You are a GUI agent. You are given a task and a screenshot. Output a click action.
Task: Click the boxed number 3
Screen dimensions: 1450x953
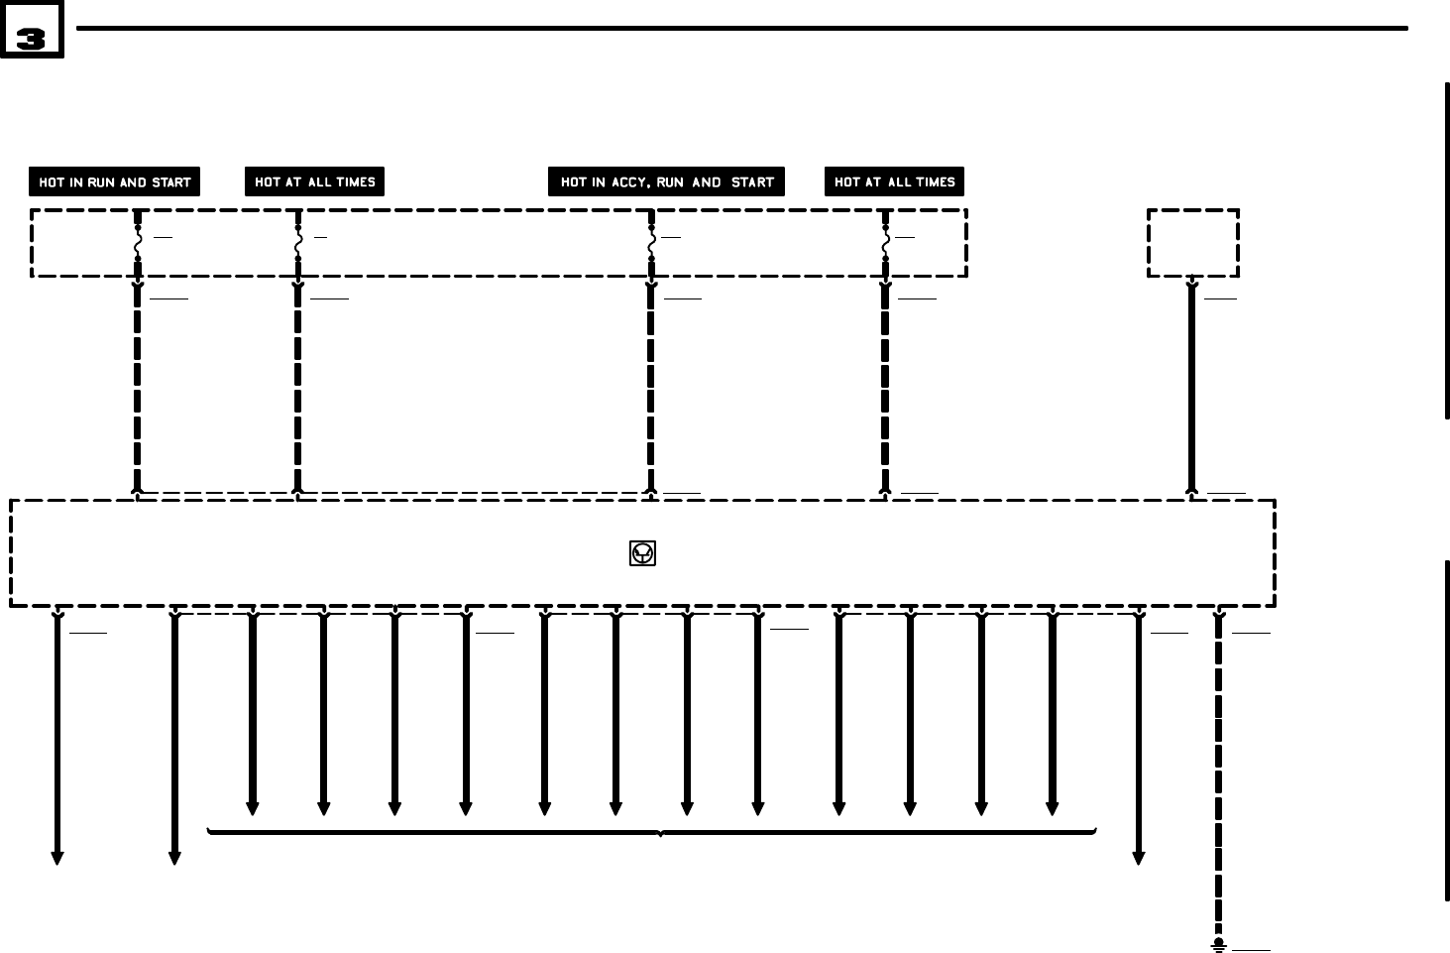point(32,31)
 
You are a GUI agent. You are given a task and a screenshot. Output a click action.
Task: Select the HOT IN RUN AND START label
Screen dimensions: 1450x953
point(114,182)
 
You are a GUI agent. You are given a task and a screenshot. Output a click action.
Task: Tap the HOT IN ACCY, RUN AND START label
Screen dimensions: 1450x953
point(666,182)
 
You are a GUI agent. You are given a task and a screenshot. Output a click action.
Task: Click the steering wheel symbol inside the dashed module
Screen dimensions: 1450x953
point(642,553)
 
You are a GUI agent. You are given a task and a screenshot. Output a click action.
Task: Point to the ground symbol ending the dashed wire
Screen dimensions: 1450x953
point(1219,945)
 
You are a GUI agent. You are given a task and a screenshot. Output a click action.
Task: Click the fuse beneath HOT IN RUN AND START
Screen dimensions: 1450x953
point(138,242)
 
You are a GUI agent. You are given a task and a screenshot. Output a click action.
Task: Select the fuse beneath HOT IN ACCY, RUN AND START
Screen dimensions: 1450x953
point(651,242)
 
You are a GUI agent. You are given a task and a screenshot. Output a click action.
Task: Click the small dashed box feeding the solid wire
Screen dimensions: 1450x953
point(1193,242)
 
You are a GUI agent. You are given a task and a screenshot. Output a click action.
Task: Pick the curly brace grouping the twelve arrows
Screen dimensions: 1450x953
point(652,831)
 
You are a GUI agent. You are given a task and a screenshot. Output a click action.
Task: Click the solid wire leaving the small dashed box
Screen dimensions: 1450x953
point(1192,387)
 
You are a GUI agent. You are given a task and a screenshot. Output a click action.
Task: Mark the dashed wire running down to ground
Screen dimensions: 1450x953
point(1219,774)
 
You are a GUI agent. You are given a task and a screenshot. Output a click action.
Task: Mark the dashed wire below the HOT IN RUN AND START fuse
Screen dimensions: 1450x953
point(138,387)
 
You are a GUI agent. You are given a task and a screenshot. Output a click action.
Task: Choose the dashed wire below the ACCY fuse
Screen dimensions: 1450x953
point(651,387)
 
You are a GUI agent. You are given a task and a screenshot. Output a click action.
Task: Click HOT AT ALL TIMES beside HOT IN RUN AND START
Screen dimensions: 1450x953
point(314,182)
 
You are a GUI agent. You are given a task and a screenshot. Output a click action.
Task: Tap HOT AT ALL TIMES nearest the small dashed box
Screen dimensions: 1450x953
point(894,182)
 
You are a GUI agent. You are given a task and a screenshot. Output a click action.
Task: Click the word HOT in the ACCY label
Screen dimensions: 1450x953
point(573,182)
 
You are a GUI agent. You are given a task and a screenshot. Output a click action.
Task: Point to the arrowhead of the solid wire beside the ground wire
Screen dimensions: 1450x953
point(1139,858)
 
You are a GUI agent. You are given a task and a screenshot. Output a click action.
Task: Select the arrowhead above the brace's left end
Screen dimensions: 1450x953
point(253,808)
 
